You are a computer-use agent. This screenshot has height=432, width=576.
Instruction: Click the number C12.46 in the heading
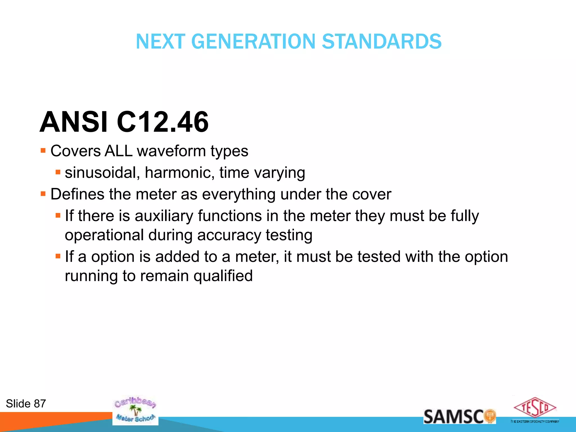[x=163, y=122]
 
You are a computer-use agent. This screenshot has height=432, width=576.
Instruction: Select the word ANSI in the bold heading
[x=74, y=122]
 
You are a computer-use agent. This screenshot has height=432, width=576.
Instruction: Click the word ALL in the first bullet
[x=118, y=151]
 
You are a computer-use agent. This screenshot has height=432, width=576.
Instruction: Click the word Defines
[x=77, y=194]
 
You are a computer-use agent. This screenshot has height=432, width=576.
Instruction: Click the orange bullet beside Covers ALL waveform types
[x=43, y=150]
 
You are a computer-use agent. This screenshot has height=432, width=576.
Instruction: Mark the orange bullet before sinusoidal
[x=58, y=172]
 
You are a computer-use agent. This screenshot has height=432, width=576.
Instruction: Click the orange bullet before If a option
[x=58, y=256]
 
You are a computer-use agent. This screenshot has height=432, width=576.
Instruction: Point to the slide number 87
[x=40, y=404]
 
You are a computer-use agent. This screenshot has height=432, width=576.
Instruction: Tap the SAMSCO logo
[x=459, y=416]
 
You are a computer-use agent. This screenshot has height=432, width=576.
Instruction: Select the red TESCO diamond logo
[x=535, y=408]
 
